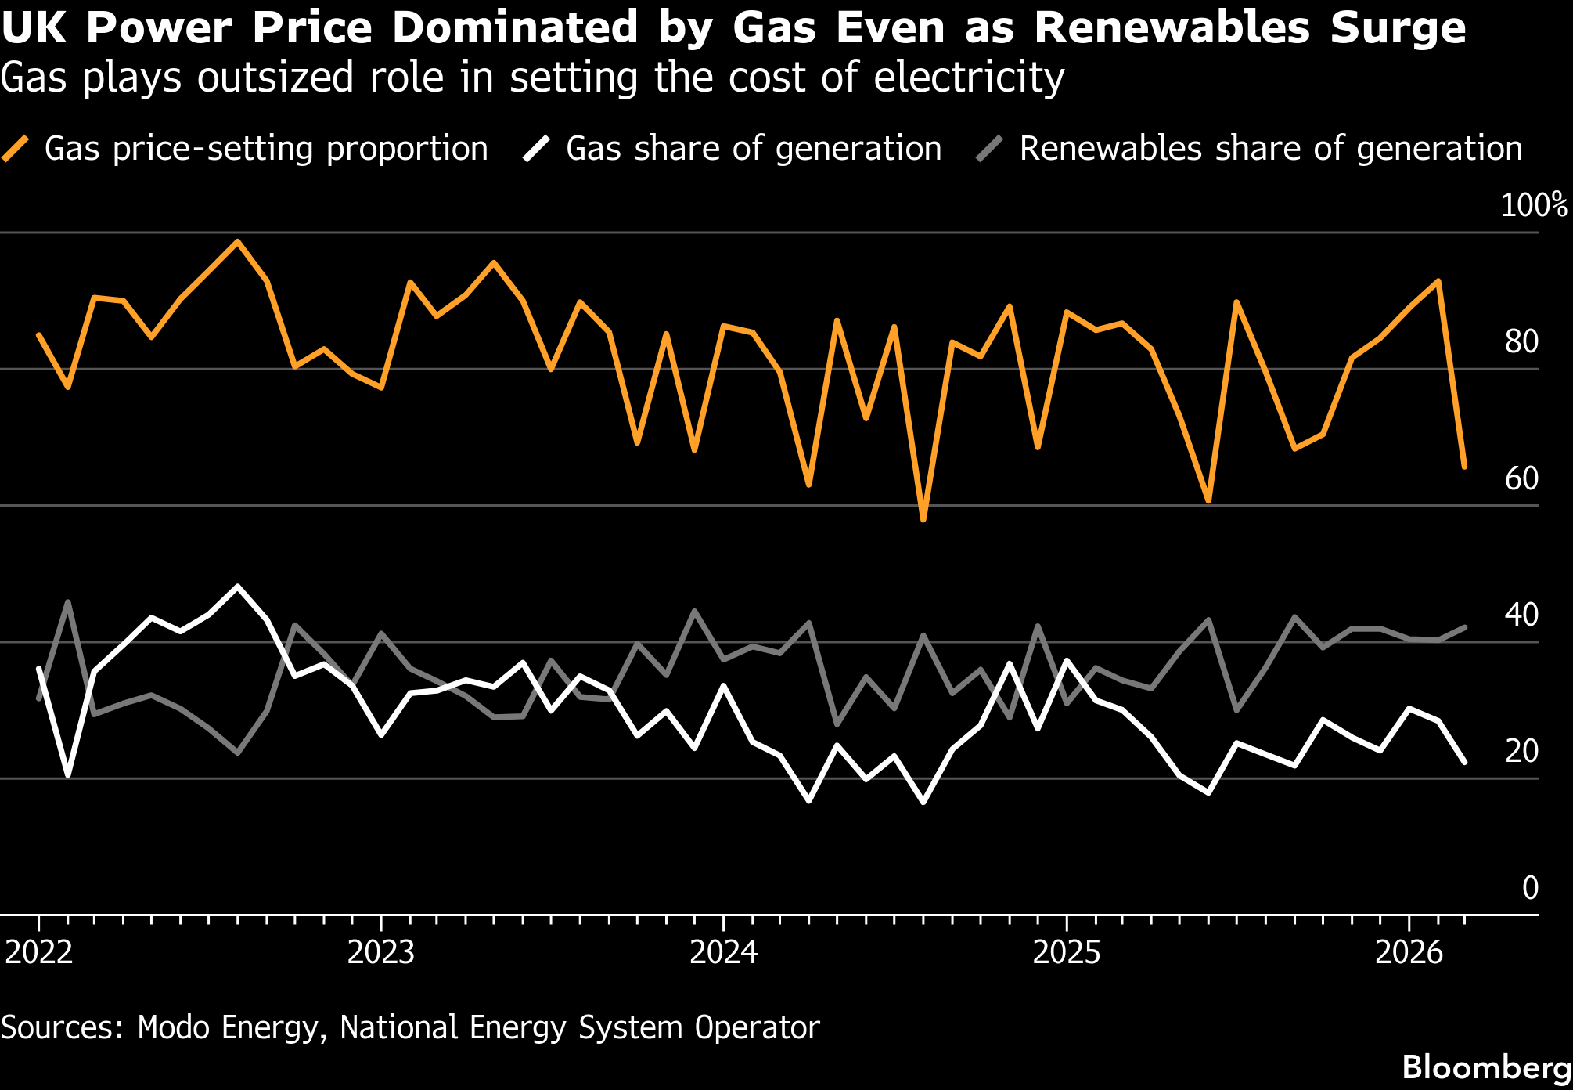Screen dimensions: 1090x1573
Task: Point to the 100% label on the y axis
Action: click(1533, 205)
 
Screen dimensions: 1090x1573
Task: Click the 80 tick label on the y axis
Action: click(1521, 342)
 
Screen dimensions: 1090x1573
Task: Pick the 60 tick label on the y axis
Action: click(1521, 478)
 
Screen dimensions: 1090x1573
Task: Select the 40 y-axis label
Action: click(1521, 615)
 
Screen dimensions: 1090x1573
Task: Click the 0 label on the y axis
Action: click(1530, 888)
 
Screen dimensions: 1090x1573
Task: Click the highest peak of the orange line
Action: click(238, 241)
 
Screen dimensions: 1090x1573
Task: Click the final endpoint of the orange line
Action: click(1465, 467)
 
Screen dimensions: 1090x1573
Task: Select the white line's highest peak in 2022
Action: click(238, 586)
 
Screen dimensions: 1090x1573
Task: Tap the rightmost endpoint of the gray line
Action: click(1465, 626)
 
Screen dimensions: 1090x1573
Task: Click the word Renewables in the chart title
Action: click(1172, 28)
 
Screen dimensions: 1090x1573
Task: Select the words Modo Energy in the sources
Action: click(228, 1027)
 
